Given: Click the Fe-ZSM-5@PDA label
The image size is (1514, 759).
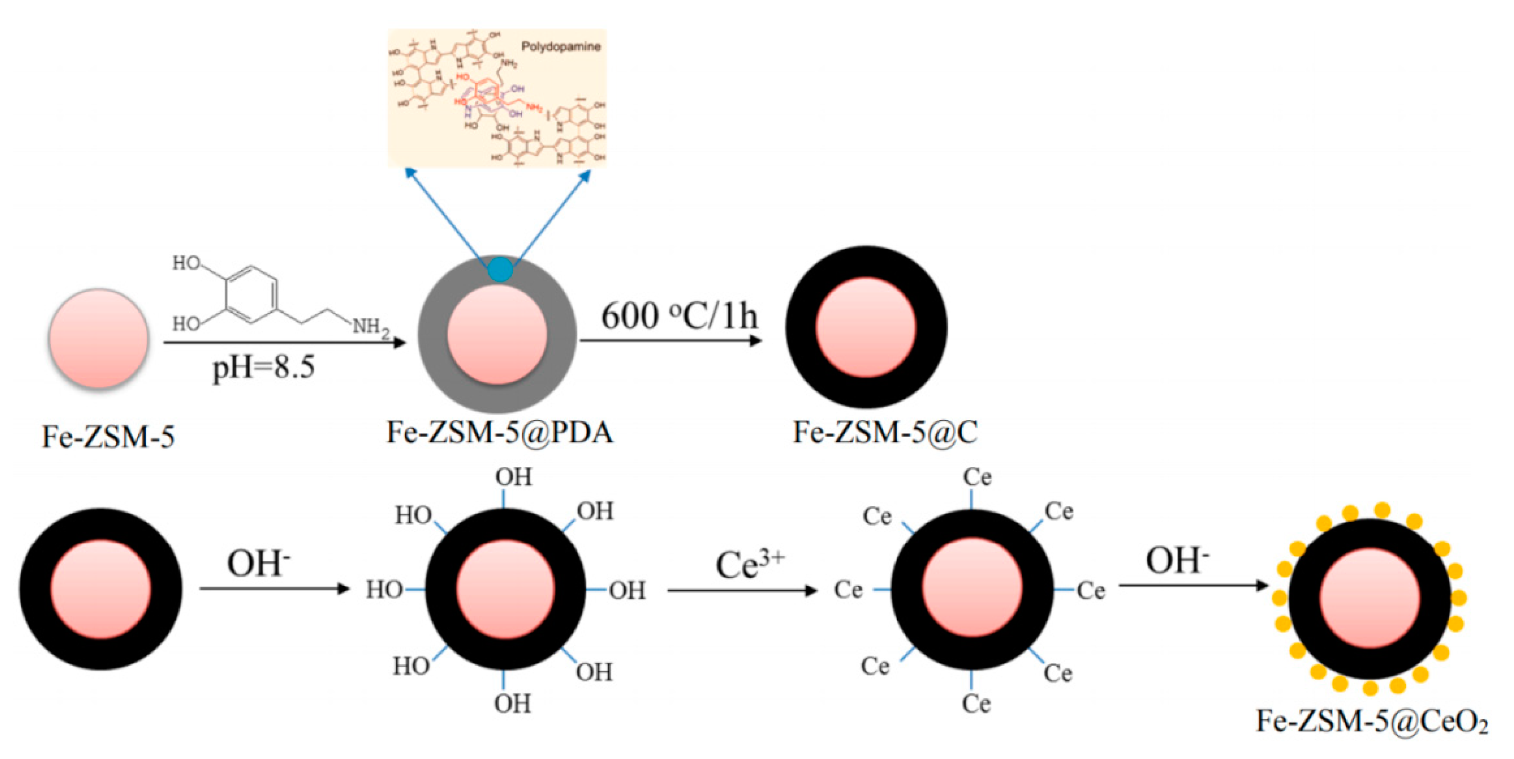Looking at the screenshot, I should click(x=500, y=433).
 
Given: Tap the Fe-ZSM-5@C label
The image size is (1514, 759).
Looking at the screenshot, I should click(x=885, y=433).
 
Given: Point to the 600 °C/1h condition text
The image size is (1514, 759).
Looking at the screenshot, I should click(x=679, y=316).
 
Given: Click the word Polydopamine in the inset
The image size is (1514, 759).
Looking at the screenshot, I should click(x=561, y=46).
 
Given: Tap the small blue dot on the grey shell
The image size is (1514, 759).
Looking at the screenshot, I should click(x=500, y=269).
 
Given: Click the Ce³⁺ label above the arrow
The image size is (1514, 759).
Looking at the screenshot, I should click(x=749, y=564).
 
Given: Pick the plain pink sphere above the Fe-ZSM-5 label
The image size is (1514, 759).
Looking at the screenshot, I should click(x=99, y=338).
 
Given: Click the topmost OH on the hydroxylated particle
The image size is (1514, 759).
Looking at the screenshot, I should click(x=514, y=477).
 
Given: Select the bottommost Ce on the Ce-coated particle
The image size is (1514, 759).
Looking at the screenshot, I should click(x=976, y=704).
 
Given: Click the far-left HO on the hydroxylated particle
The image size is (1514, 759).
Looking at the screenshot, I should click(x=384, y=590).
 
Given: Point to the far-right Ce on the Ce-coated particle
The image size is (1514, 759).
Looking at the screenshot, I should click(x=1091, y=591).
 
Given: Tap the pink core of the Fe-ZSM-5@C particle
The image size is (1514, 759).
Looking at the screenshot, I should click(x=866, y=328).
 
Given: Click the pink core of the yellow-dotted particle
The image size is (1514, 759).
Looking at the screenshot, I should click(x=1370, y=598).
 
